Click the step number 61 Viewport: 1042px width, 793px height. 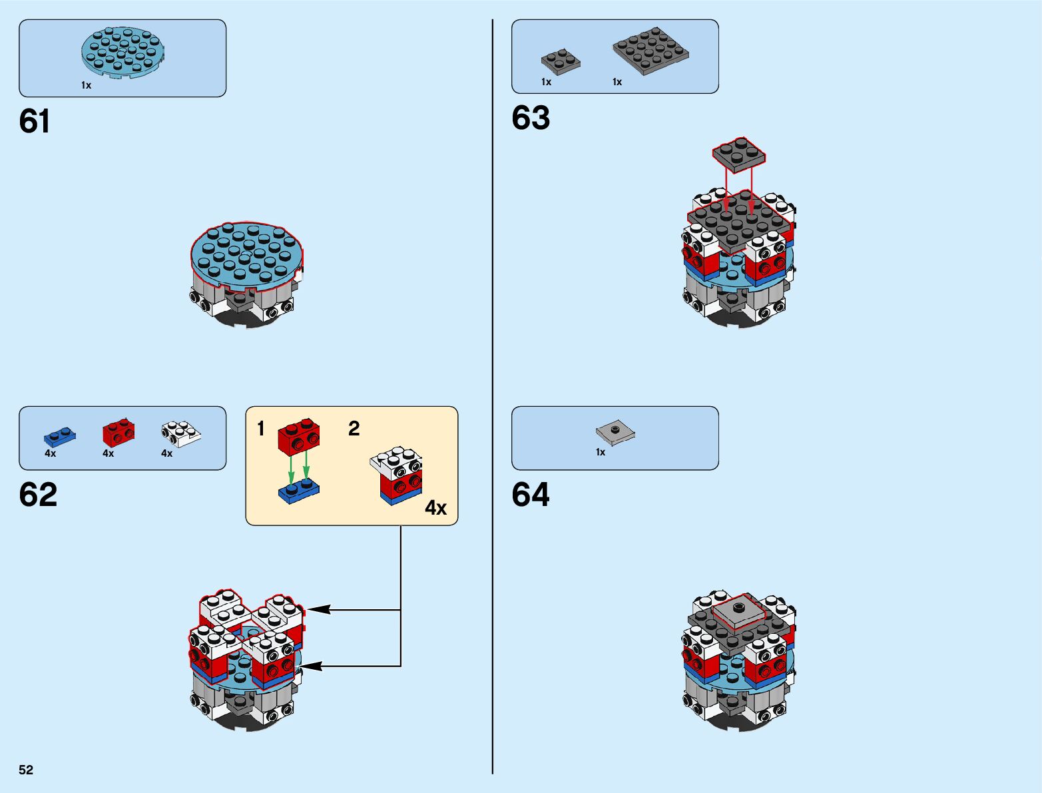(x=35, y=122)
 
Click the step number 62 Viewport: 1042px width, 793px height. (x=38, y=495)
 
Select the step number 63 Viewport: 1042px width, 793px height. (x=531, y=118)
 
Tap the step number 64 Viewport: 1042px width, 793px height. (x=531, y=495)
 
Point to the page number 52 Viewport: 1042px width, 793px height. (x=26, y=770)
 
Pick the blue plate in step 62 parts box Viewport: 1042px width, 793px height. (x=60, y=436)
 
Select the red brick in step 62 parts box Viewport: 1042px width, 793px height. (x=119, y=432)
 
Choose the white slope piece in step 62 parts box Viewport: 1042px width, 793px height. (x=180, y=433)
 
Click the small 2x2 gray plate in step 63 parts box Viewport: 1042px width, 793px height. (x=561, y=61)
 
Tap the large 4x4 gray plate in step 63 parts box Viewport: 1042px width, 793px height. (x=651, y=50)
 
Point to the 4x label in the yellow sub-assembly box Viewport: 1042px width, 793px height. (x=435, y=508)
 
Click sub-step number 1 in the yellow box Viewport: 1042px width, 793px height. (x=261, y=429)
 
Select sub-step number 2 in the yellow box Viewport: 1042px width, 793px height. (x=354, y=429)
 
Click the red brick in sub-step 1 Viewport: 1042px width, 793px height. (x=299, y=435)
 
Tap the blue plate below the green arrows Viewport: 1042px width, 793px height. (x=298, y=491)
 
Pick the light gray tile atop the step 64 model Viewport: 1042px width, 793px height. (x=738, y=611)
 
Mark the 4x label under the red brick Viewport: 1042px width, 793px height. (x=108, y=453)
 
